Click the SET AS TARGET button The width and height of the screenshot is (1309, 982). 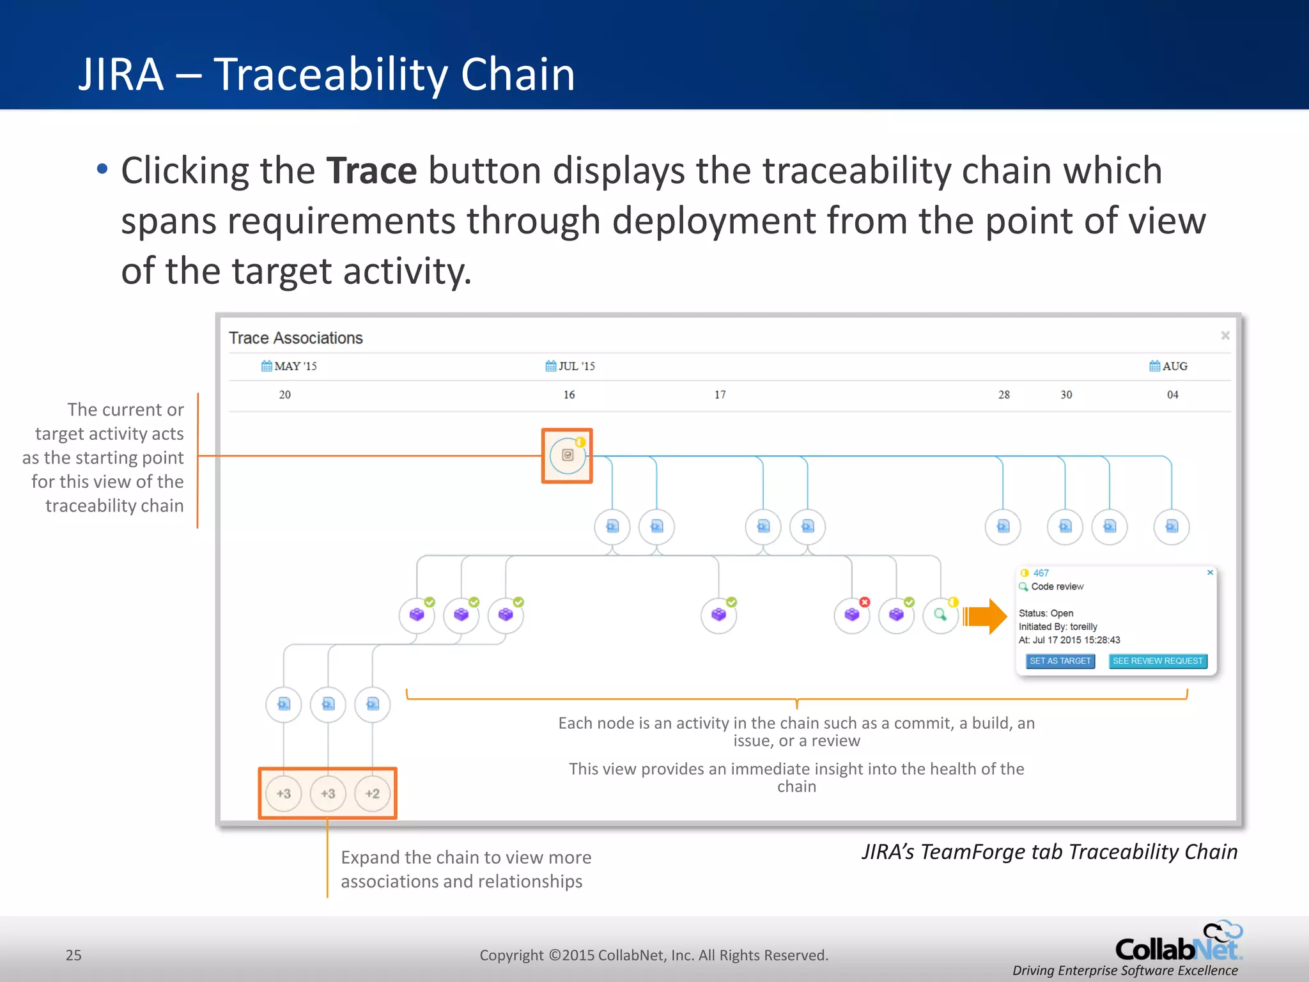click(1060, 661)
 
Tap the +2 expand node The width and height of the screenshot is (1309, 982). click(372, 793)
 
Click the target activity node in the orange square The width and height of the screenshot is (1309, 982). click(568, 455)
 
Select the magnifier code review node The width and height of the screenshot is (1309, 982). click(940, 615)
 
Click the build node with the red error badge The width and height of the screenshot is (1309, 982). click(852, 615)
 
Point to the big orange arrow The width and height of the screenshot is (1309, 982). click(985, 616)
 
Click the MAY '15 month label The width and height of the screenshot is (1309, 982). click(290, 366)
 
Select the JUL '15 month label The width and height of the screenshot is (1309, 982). click(571, 366)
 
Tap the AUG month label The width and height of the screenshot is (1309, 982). click(1169, 366)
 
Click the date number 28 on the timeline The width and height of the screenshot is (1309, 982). click(1004, 395)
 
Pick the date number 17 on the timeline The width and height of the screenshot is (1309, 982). click(720, 395)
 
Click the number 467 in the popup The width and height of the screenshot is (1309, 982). click(1041, 573)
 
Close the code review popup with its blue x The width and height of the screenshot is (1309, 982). click(1210, 573)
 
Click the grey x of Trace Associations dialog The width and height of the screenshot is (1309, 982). click(1225, 336)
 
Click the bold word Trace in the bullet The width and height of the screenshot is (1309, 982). click(371, 171)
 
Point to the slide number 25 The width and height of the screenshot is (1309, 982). click(74, 955)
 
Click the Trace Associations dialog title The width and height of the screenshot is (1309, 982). click(296, 338)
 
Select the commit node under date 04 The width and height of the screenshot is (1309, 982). click(1172, 527)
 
